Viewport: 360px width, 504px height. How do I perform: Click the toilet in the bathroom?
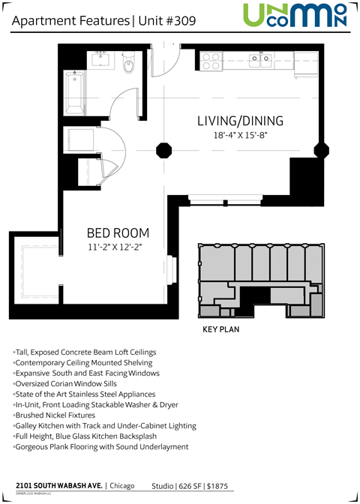128,66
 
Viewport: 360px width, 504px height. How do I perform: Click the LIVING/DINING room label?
240,121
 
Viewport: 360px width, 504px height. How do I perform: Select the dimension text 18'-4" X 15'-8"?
240,136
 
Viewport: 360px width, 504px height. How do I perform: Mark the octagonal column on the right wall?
323,148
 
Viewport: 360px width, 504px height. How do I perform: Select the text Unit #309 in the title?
166,22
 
